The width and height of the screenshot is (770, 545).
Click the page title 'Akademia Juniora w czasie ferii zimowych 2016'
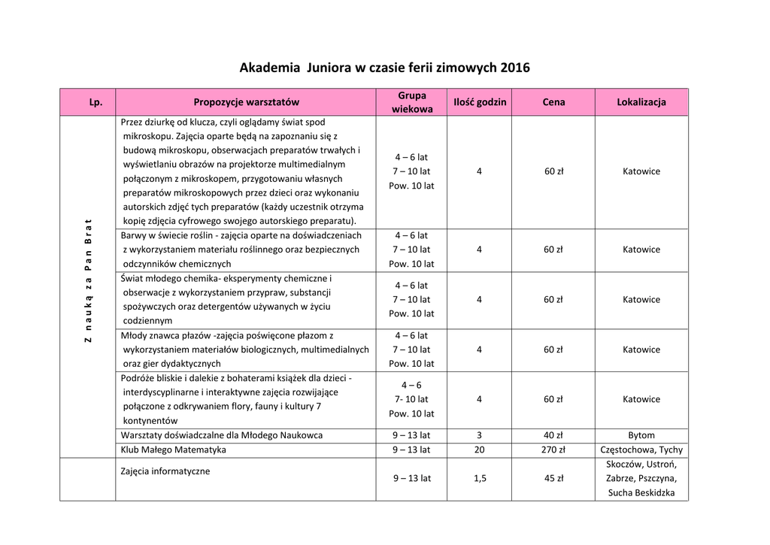coord(384,68)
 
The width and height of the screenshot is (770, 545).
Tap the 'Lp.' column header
coord(88,102)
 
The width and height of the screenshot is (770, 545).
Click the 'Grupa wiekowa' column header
coord(411,102)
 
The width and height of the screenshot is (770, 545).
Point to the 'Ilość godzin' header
coord(479,102)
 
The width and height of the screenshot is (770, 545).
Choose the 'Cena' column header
coord(553,102)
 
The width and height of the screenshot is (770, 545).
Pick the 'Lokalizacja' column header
coord(641,102)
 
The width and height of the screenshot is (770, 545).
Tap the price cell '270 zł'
coord(553,450)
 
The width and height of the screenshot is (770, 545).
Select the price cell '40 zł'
coord(553,435)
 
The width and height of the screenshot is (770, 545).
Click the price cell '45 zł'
coord(553,478)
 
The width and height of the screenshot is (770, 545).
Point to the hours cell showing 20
coord(479,450)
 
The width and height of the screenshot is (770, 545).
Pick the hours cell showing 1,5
coord(479,478)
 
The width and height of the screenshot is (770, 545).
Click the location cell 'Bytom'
coord(641,435)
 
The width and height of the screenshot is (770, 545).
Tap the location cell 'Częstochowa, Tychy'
coord(641,450)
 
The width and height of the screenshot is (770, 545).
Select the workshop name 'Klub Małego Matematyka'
coord(174,450)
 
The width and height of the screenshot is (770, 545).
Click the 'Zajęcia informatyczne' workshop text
coord(165,471)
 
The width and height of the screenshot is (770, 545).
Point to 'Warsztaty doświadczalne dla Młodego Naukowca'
coord(222,435)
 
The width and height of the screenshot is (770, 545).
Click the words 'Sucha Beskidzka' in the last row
coord(641,493)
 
